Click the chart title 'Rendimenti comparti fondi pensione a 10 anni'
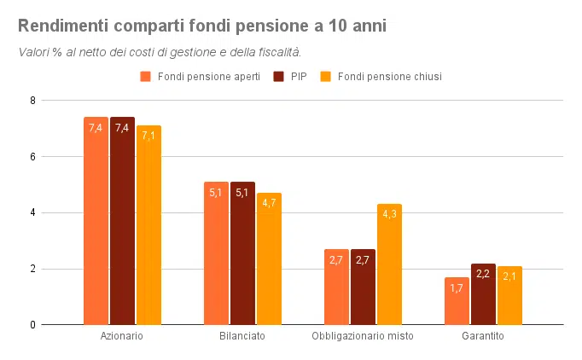click(202, 26)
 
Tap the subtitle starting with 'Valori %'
click(160, 52)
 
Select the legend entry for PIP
click(295, 77)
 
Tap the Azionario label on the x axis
click(121, 336)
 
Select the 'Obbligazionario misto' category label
click(363, 336)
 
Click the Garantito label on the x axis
click(483, 336)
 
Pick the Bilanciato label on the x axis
click(242, 336)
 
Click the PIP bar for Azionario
click(122, 221)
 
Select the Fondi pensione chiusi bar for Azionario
click(148, 225)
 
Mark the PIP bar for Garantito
click(483, 294)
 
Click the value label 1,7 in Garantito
click(457, 287)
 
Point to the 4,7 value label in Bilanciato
click(269, 203)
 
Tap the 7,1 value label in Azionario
click(148, 136)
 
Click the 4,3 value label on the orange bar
click(389, 214)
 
